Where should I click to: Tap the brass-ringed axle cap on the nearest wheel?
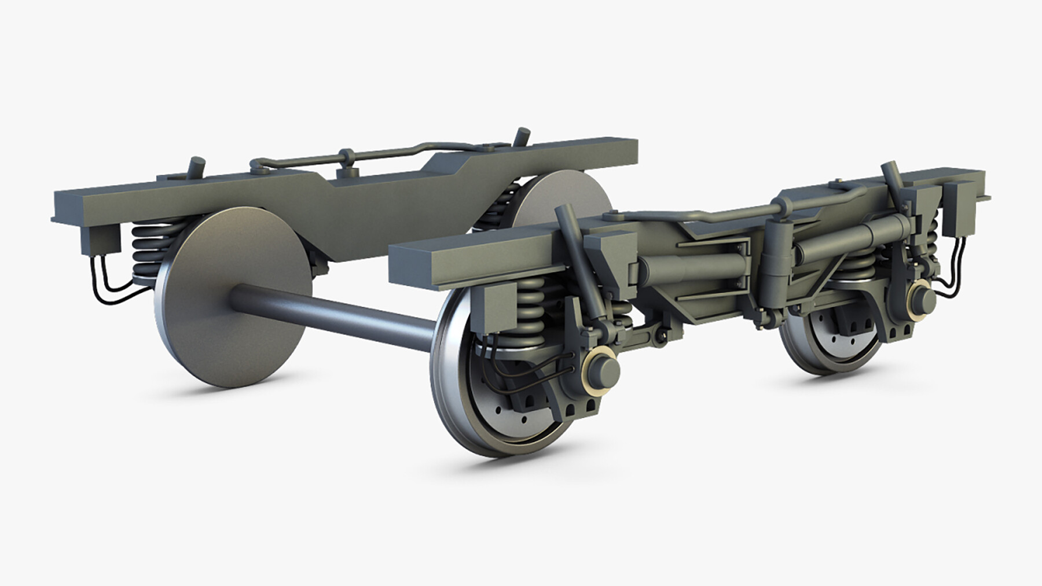tap(603, 369)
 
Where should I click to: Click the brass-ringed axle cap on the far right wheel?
tap(921, 296)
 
